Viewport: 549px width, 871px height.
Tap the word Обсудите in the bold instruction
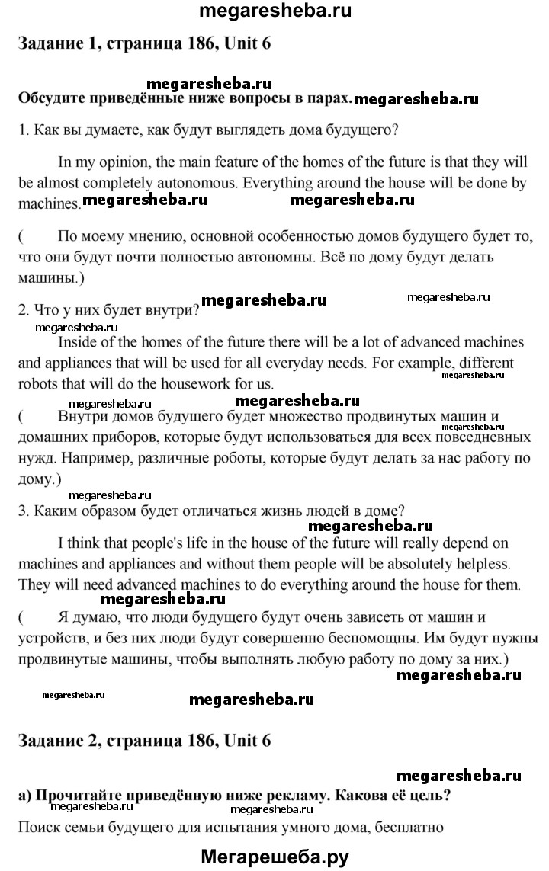(x=54, y=98)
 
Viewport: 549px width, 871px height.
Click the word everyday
(x=403, y=362)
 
